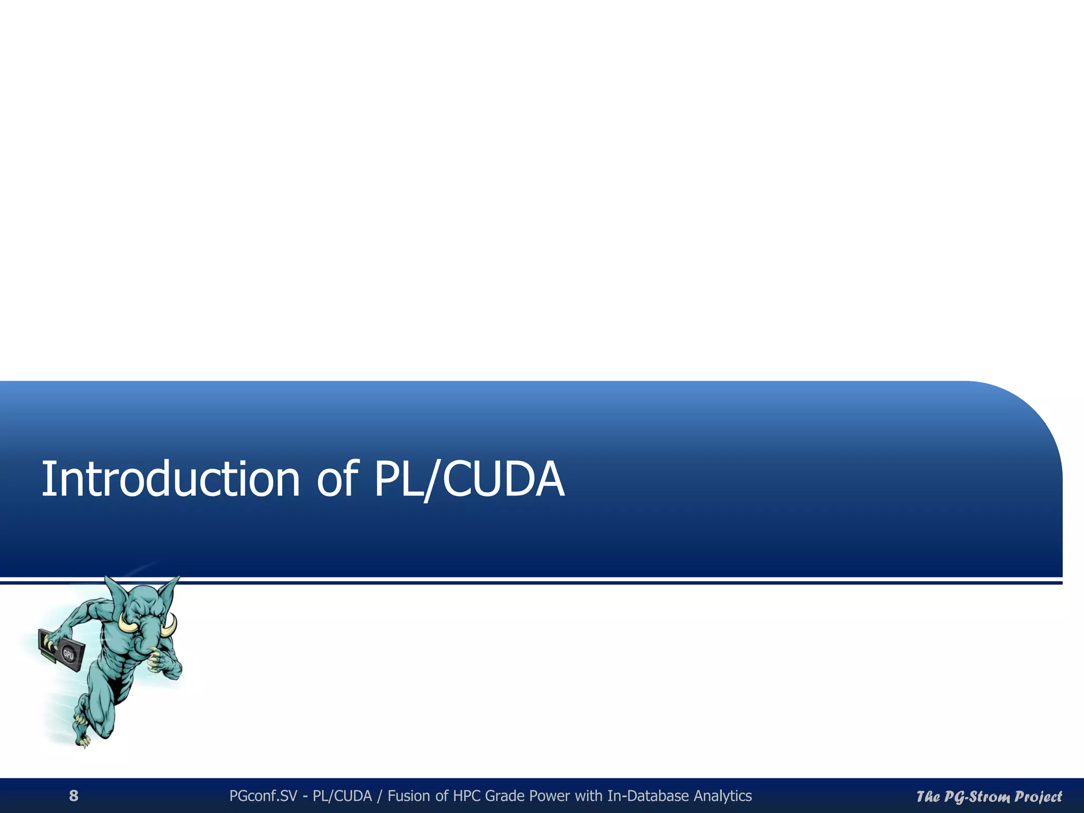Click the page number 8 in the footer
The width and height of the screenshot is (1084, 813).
tap(74, 796)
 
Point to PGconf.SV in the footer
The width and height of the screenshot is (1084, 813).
tap(263, 796)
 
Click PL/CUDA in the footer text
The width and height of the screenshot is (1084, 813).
tap(342, 796)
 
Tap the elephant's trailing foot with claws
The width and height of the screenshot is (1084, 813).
tap(82, 733)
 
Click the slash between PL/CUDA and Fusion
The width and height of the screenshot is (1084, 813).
tap(380, 796)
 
